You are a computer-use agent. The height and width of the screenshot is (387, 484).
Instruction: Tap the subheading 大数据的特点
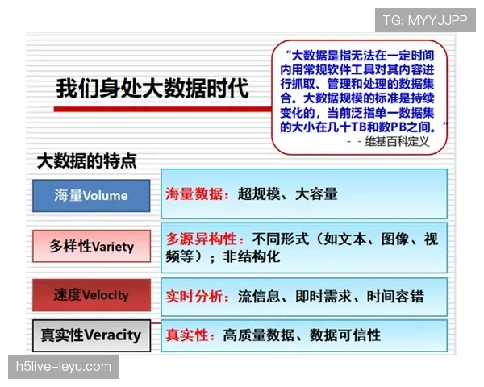point(87,160)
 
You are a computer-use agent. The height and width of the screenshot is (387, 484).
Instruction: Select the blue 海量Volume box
point(91,195)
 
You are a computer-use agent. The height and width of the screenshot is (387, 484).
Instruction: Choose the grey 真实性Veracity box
point(91,335)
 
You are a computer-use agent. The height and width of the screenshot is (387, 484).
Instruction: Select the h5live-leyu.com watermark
point(64,367)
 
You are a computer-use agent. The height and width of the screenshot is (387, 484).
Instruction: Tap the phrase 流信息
point(257,296)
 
